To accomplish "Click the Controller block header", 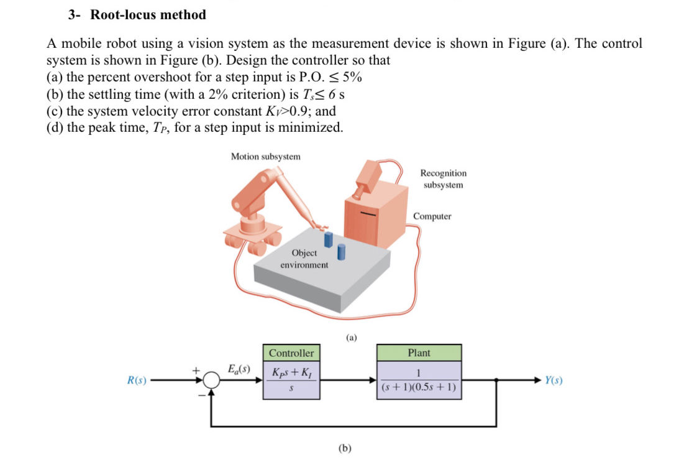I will click(291, 353).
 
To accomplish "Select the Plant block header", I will click(419, 353).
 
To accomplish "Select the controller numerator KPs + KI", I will click(291, 373).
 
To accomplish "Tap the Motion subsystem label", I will click(265, 157).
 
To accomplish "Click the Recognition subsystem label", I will click(443, 179).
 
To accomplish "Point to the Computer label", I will click(432, 216).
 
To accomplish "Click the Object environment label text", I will click(304, 259).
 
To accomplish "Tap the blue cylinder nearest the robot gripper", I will click(329, 239).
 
